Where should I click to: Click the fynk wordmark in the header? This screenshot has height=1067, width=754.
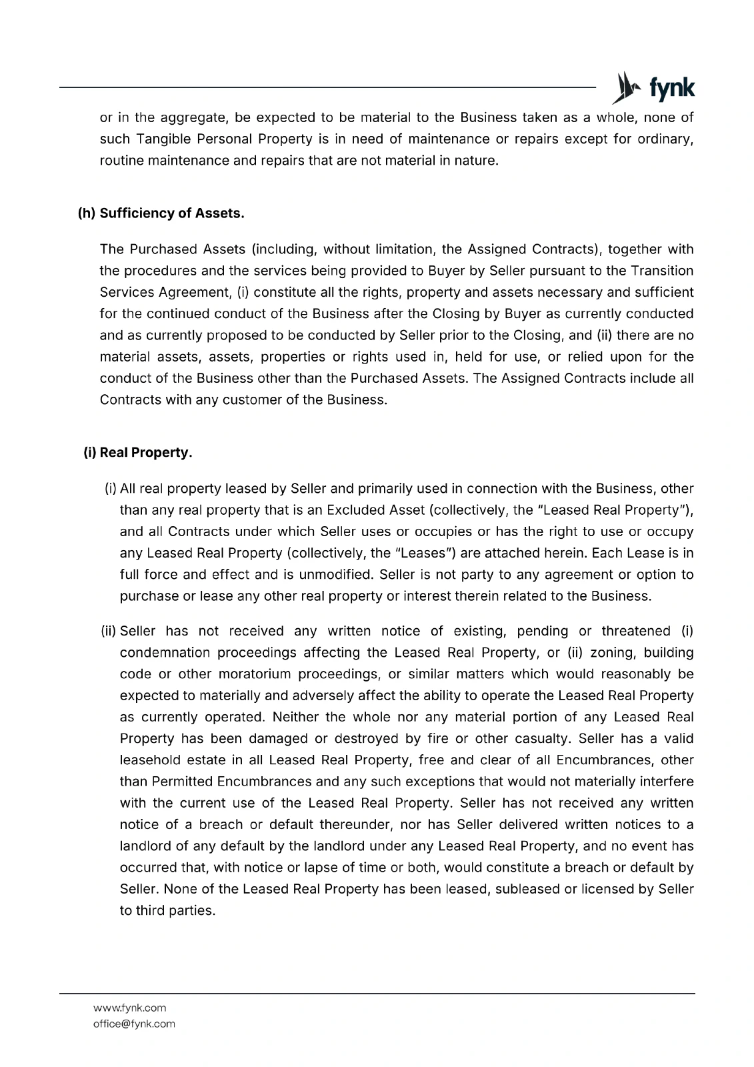pos(671,88)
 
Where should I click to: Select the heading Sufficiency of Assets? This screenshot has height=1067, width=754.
pos(172,213)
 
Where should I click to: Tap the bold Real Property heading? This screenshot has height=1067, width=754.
pos(145,453)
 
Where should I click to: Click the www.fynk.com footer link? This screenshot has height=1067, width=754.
pos(129,1008)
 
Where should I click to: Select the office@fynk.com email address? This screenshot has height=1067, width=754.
pos(134,1024)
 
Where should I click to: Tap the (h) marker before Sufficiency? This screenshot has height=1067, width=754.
pos(87,213)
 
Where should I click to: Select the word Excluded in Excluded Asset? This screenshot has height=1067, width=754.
pos(353,511)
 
